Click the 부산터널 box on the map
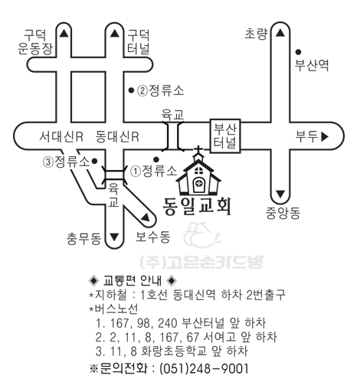point(225,136)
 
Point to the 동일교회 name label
point(197,207)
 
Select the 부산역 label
point(312,65)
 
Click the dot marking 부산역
point(298,52)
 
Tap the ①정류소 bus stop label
point(154,171)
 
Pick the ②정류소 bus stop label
point(161,90)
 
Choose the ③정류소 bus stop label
point(67,162)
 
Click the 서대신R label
point(61,136)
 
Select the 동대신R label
point(117,136)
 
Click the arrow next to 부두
point(325,136)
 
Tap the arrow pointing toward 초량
point(280,33)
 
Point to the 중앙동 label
point(283,213)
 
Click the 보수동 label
point(152,237)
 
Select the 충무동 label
point(83,239)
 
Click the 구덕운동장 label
point(35,42)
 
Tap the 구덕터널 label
point(138,42)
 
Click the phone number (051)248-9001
point(204,369)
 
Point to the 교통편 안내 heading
point(133,280)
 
